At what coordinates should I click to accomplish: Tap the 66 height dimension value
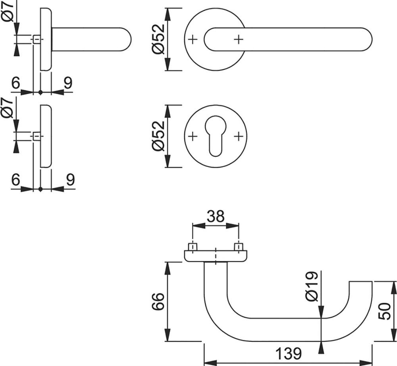point(158,302)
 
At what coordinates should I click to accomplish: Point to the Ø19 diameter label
point(311,286)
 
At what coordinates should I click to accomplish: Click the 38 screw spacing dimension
point(216,217)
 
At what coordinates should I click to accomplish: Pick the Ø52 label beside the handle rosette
point(158,39)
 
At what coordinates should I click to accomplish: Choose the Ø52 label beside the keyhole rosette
point(158,136)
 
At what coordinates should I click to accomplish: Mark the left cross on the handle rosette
point(192,39)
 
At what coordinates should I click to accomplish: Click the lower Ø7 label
point(8,109)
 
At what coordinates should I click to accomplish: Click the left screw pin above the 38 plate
point(193,246)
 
